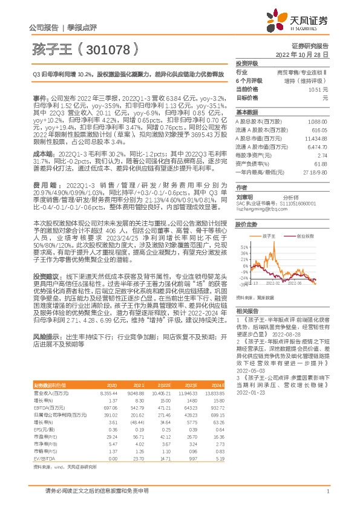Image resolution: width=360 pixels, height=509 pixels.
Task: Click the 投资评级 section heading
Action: pyautogui.click(x=248, y=63)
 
